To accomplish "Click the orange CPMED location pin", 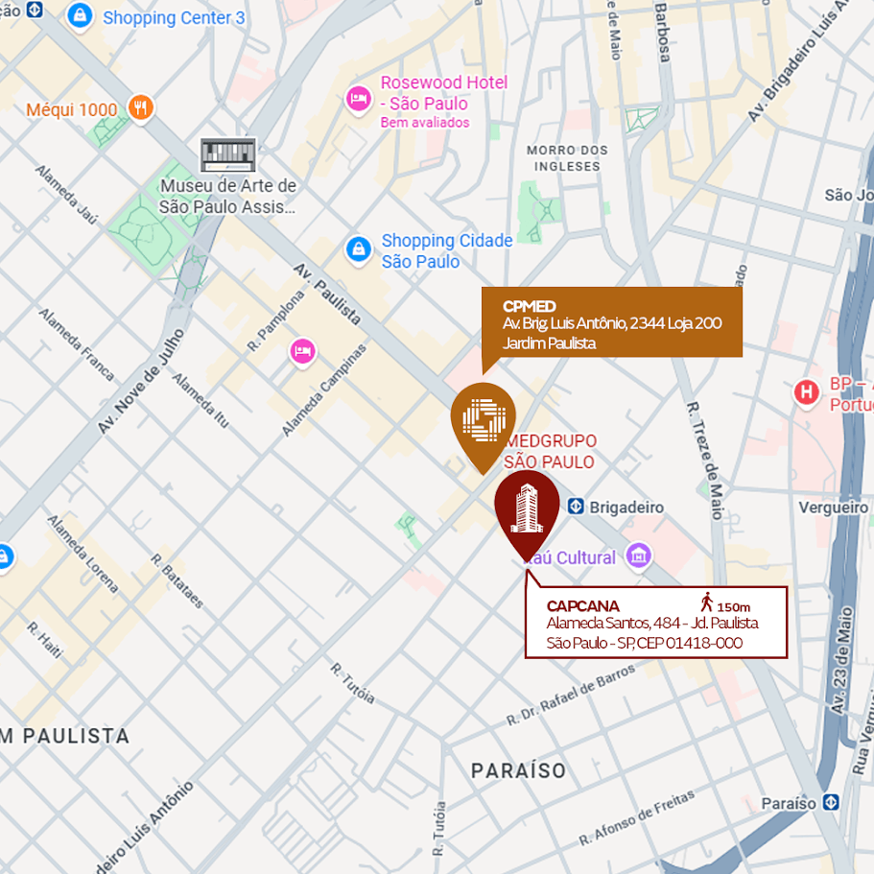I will click(483, 419).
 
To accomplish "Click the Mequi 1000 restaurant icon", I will click(141, 108).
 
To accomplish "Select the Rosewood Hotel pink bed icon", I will click(358, 97).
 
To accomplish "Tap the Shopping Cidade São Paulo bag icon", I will click(358, 249).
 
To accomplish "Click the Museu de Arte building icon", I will click(228, 154).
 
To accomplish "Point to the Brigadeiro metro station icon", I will click(576, 507).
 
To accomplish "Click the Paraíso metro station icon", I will click(831, 802).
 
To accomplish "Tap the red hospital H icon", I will click(807, 391).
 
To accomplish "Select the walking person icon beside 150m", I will click(707, 602).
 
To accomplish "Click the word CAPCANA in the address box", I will click(583, 606).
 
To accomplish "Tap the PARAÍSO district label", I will click(518, 770).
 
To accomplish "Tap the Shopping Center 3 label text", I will click(174, 17).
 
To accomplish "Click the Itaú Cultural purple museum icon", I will click(638, 555).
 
